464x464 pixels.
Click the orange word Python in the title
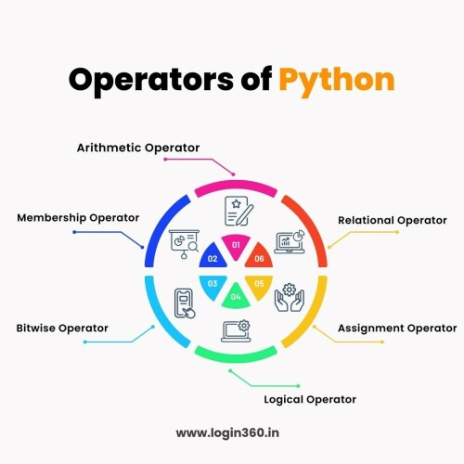tap(337, 82)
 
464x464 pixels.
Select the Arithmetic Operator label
tap(138, 148)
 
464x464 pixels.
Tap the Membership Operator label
tap(78, 218)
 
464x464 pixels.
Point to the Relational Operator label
tap(393, 220)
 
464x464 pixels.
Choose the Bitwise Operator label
tap(62, 328)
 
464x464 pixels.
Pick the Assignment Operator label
tap(397, 329)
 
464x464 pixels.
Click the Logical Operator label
tap(310, 400)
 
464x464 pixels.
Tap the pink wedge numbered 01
tap(236, 247)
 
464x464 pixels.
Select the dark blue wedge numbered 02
tap(213, 256)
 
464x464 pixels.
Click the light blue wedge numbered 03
tap(213, 286)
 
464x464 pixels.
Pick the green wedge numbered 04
tap(236, 296)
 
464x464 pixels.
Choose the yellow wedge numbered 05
tap(259, 286)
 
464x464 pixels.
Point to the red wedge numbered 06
tap(259, 256)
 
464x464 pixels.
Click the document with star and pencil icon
tap(238, 211)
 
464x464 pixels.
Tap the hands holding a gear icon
tap(290, 297)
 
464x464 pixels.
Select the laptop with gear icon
tap(236, 331)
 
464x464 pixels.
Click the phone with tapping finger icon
tap(185, 303)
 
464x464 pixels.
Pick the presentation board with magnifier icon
tap(184, 244)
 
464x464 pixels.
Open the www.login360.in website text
tap(227, 432)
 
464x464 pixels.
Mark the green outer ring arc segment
tap(236, 358)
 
